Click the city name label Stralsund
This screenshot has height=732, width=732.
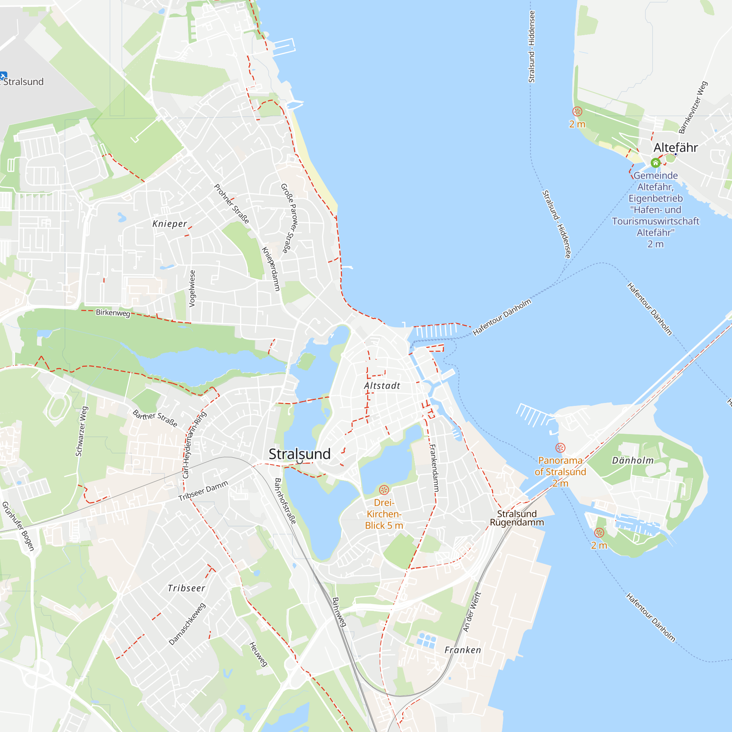(299, 454)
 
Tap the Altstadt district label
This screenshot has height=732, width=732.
(382, 386)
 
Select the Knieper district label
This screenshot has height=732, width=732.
(170, 224)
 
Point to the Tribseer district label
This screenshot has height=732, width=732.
(186, 588)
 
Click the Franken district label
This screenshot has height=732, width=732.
(463, 650)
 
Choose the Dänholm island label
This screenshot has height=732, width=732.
(633, 460)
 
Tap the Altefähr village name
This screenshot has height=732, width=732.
(676, 147)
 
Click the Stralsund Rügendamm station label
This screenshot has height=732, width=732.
(517, 518)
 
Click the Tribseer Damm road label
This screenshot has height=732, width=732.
(203, 490)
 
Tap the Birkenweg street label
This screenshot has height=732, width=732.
(113, 313)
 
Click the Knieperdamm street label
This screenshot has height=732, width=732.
(271, 269)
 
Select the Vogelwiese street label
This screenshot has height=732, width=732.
(192, 288)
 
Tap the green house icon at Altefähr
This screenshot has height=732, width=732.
(656, 163)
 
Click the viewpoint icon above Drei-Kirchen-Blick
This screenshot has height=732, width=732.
(384, 490)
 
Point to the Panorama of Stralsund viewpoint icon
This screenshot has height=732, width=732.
(560, 448)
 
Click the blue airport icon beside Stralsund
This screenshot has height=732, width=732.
(3, 75)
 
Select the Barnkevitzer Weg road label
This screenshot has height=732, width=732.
(693, 107)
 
